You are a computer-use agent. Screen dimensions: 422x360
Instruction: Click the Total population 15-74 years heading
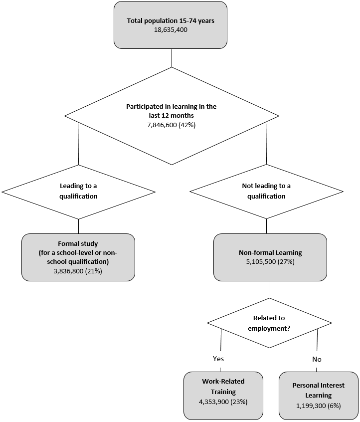coord(171,21)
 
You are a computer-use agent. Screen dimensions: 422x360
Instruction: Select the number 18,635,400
coord(171,30)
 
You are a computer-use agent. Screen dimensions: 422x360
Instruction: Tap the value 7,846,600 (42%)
coord(171,125)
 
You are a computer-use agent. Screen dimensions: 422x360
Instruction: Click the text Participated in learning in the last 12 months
coord(171,111)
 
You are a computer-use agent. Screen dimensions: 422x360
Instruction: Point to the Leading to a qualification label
coord(78,191)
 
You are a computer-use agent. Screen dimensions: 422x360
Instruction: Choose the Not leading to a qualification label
coord(266,191)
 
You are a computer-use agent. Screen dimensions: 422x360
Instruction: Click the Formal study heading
coord(78,244)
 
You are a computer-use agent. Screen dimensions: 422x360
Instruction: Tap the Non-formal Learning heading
coord(270,253)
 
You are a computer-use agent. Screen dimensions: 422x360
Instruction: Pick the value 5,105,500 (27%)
coord(270,262)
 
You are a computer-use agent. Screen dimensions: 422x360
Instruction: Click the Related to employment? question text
coord(269,322)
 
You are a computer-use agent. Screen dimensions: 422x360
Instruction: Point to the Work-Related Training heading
coord(223,386)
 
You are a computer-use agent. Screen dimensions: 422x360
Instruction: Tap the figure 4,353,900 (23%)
coord(223,401)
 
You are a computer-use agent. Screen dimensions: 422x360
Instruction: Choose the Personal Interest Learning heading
coord(318,391)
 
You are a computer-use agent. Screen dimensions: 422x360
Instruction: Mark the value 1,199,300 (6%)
coord(318,406)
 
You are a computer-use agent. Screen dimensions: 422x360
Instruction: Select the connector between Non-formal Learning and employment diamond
coord(269,289)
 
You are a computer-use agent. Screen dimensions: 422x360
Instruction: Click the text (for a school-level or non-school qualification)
coord(78,257)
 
